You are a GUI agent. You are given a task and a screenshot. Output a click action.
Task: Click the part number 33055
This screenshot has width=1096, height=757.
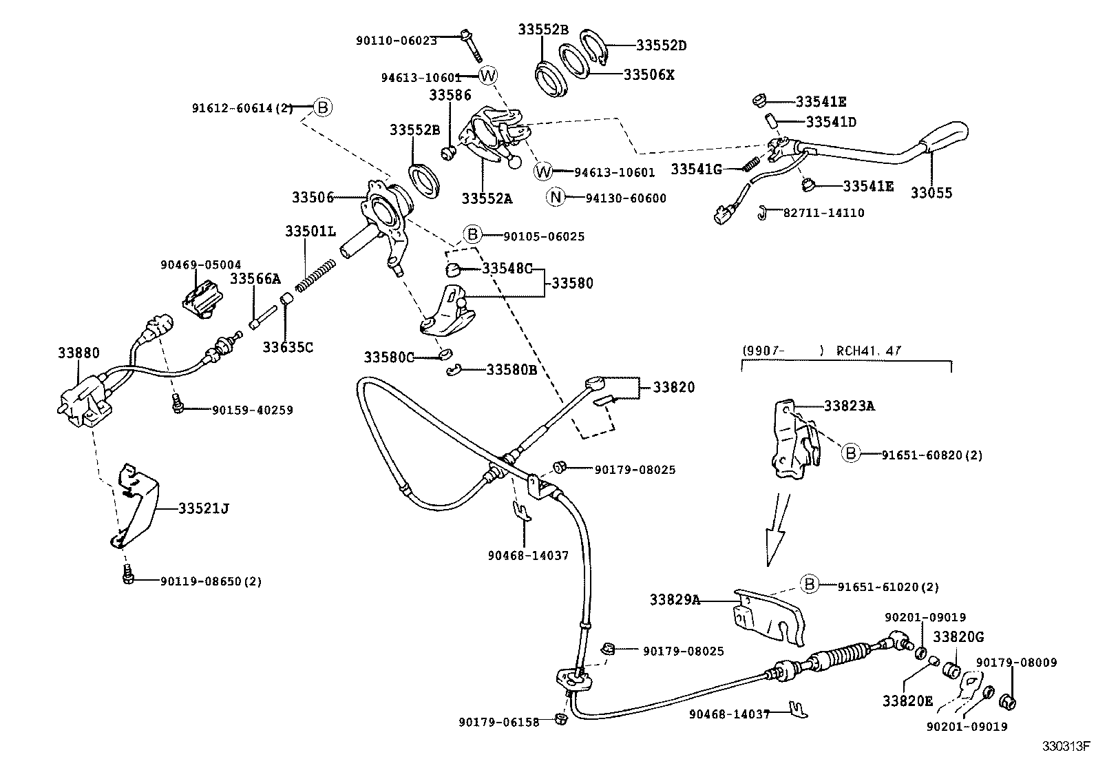pyautogui.click(x=931, y=193)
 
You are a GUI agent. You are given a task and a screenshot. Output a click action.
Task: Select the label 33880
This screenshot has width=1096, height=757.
pyautogui.click(x=78, y=353)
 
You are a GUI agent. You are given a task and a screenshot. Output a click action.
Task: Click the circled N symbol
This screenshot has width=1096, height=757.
pyautogui.click(x=556, y=198)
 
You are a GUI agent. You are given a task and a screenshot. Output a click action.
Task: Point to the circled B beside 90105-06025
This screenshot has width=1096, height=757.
pyautogui.click(x=472, y=235)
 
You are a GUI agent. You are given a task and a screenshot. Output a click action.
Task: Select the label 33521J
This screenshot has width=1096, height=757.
pyautogui.click(x=203, y=509)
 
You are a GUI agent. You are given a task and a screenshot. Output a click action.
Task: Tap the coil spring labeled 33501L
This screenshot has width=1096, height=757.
pyautogui.click(x=315, y=274)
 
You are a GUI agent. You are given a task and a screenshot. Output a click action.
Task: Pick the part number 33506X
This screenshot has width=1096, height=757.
pyautogui.click(x=649, y=74)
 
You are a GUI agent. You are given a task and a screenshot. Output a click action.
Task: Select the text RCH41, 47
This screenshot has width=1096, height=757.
pyautogui.click(x=868, y=351)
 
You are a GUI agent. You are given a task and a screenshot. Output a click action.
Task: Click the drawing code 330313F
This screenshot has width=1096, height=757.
pyautogui.click(x=1065, y=746)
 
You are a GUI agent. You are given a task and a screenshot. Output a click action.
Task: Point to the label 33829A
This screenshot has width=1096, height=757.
pyautogui.click(x=675, y=600)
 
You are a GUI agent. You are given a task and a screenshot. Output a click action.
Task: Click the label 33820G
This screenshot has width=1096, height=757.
pyautogui.click(x=958, y=637)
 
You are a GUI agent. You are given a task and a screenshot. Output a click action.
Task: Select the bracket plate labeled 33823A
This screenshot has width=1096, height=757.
pyautogui.click(x=788, y=441)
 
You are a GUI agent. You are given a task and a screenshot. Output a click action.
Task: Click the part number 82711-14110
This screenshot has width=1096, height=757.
pyautogui.click(x=823, y=213)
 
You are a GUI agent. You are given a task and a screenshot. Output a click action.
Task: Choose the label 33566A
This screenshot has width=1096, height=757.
pyautogui.click(x=255, y=278)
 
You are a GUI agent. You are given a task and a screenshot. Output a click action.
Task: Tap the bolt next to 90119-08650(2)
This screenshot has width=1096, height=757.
pyautogui.click(x=128, y=574)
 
